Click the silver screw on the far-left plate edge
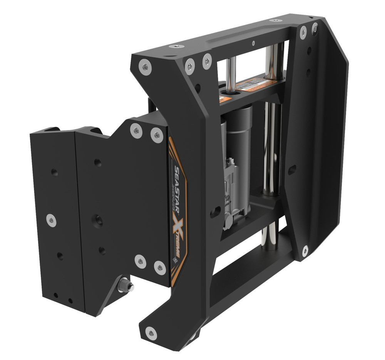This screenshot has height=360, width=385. coord(51,220)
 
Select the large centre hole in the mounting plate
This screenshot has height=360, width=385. coord(97,220)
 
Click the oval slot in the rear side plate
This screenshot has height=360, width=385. coord(292,169)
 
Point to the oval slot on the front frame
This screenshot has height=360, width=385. coord(216,211)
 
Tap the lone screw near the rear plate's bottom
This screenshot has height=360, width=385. coord(305,251)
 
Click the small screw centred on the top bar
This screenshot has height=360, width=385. coord(253,43)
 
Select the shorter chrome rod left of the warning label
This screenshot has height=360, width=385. coord(231,75)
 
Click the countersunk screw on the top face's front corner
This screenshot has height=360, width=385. coord(176,47)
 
